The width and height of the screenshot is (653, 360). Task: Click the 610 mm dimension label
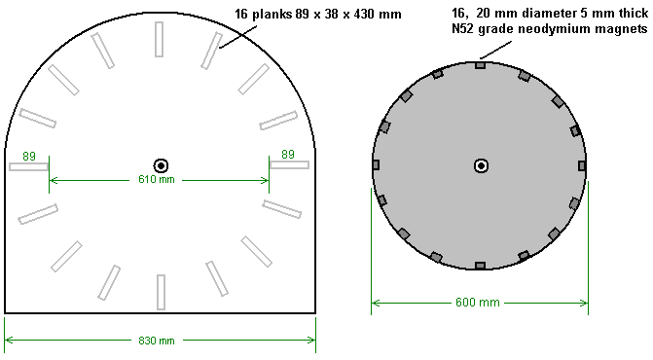(x=157, y=179)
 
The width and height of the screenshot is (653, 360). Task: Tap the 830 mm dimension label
(x=157, y=341)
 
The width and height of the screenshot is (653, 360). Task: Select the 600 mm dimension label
(x=478, y=303)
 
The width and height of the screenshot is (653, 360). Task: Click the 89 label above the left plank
(x=29, y=157)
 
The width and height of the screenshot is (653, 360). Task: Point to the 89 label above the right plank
(x=288, y=155)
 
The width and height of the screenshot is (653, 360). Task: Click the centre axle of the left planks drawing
(x=161, y=166)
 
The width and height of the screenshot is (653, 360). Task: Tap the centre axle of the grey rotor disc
(x=481, y=166)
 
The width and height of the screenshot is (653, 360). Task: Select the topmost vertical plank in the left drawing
(x=159, y=39)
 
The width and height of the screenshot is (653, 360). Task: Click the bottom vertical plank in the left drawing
(x=161, y=292)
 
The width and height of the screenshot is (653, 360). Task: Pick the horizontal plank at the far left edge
(x=28, y=167)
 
